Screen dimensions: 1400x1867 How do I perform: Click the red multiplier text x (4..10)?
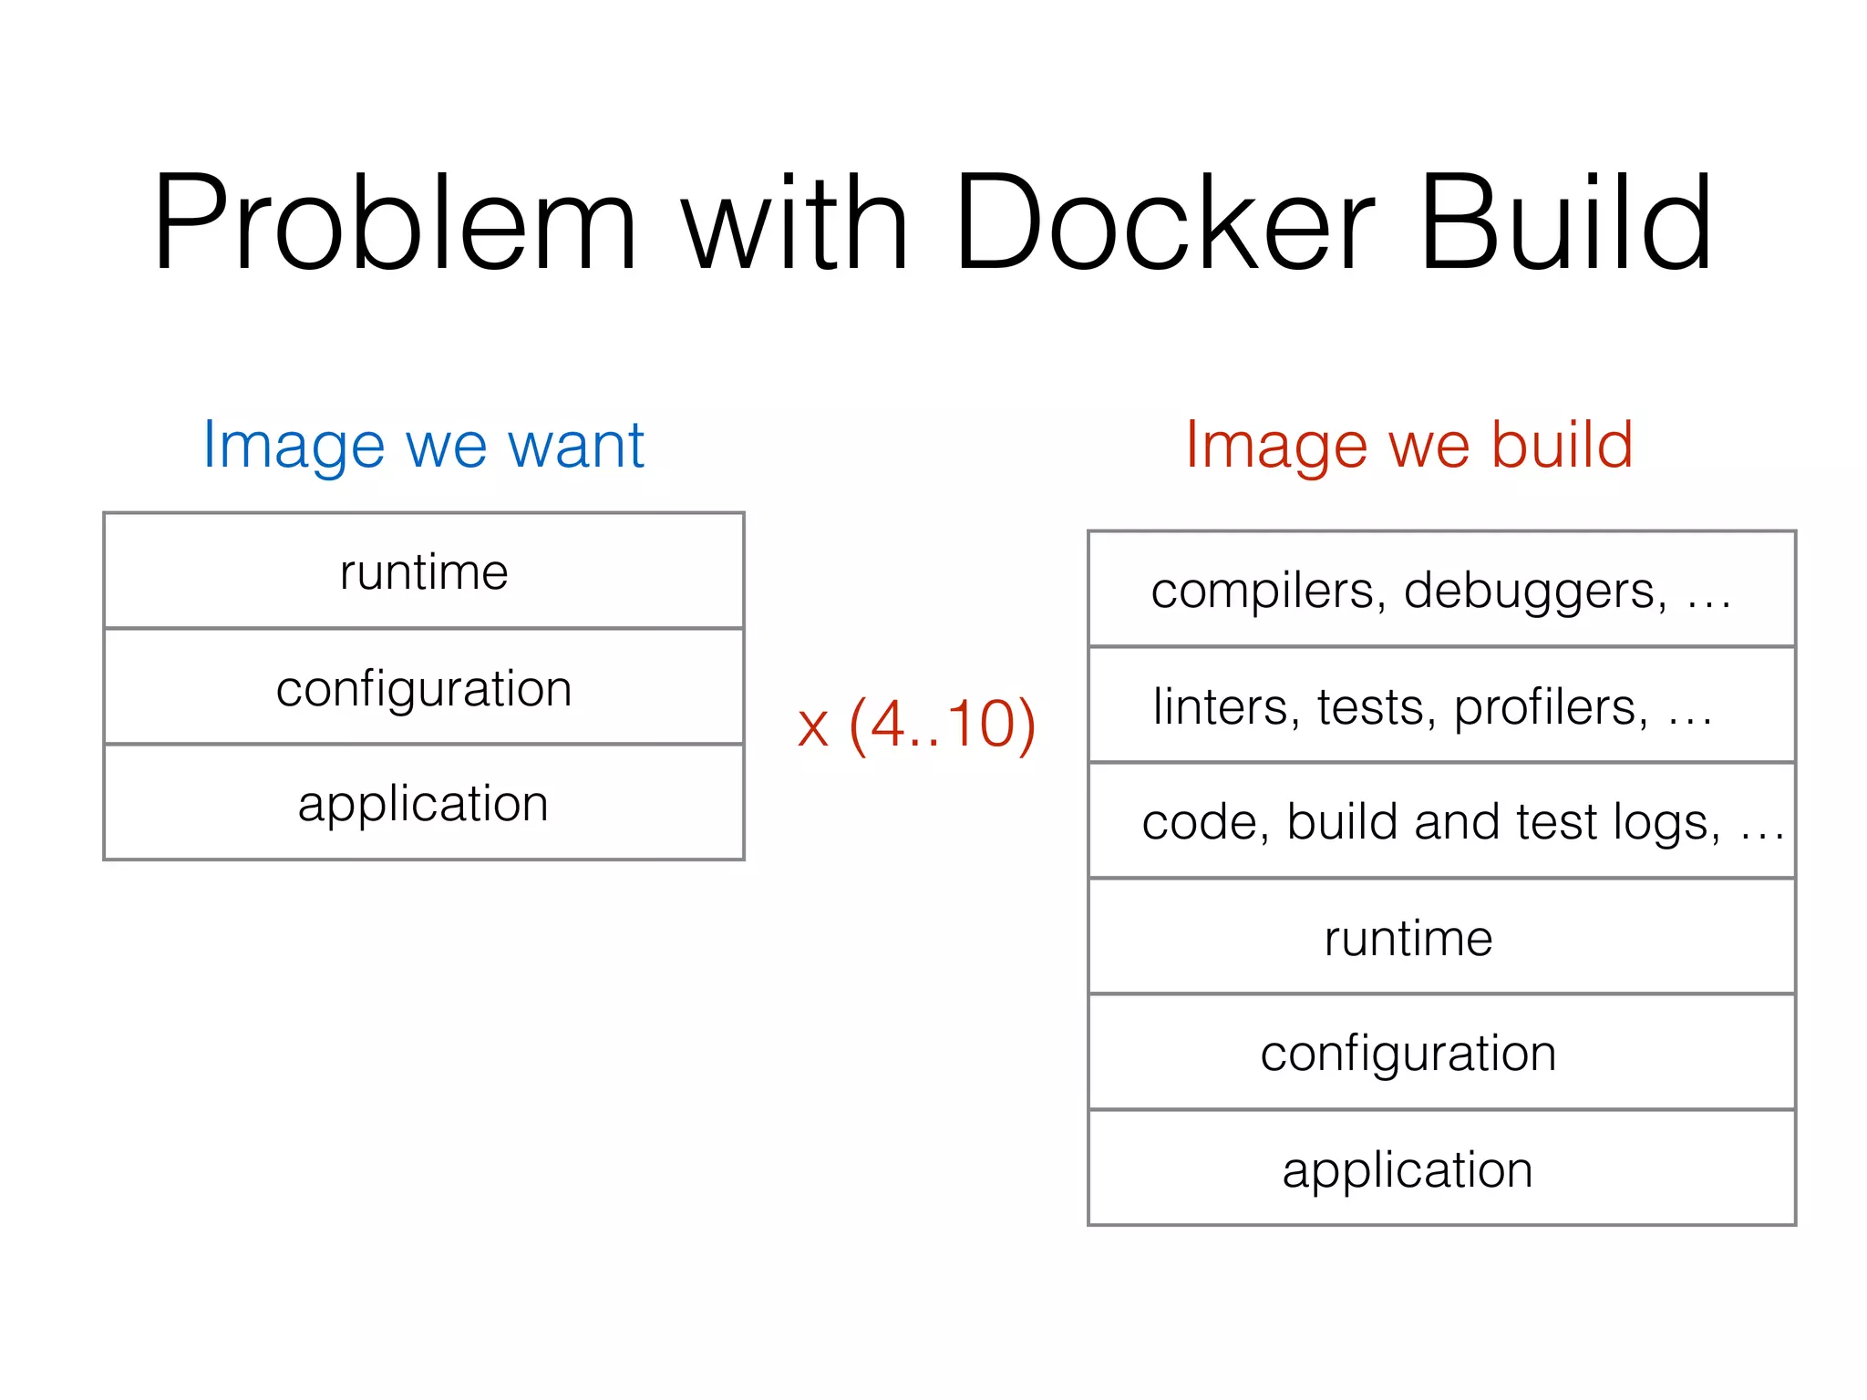(x=916, y=725)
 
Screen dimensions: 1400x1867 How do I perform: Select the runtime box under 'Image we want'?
(x=424, y=571)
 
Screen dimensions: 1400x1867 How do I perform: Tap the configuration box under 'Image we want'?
(x=424, y=687)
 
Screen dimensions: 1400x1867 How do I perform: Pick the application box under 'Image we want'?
(x=424, y=803)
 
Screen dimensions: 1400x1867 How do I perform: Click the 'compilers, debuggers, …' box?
(x=1441, y=590)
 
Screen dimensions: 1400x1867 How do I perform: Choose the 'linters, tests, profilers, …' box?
(x=1441, y=705)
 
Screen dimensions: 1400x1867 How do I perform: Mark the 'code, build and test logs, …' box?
(x=1441, y=821)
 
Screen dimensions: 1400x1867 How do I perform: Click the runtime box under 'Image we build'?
(x=1441, y=937)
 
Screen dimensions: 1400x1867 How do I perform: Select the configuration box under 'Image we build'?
(x=1441, y=1053)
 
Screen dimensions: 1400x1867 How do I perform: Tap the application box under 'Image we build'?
(x=1441, y=1168)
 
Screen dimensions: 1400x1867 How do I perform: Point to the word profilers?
(x=1550, y=707)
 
